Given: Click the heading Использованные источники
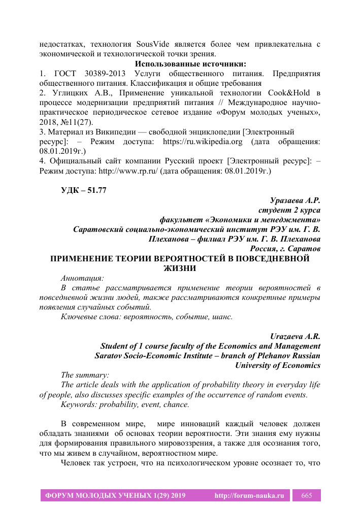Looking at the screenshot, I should pyautogui.click(x=190, y=64).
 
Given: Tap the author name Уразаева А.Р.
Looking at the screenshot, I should pyautogui.click(x=295, y=201).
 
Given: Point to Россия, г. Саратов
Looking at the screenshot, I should pyautogui.click(x=285, y=249).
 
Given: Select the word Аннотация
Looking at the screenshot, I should pyautogui.click(x=82, y=278).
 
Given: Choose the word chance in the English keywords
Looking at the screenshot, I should pyautogui.click(x=174, y=404).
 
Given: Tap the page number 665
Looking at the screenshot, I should pyautogui.click(x=307, y=495).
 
